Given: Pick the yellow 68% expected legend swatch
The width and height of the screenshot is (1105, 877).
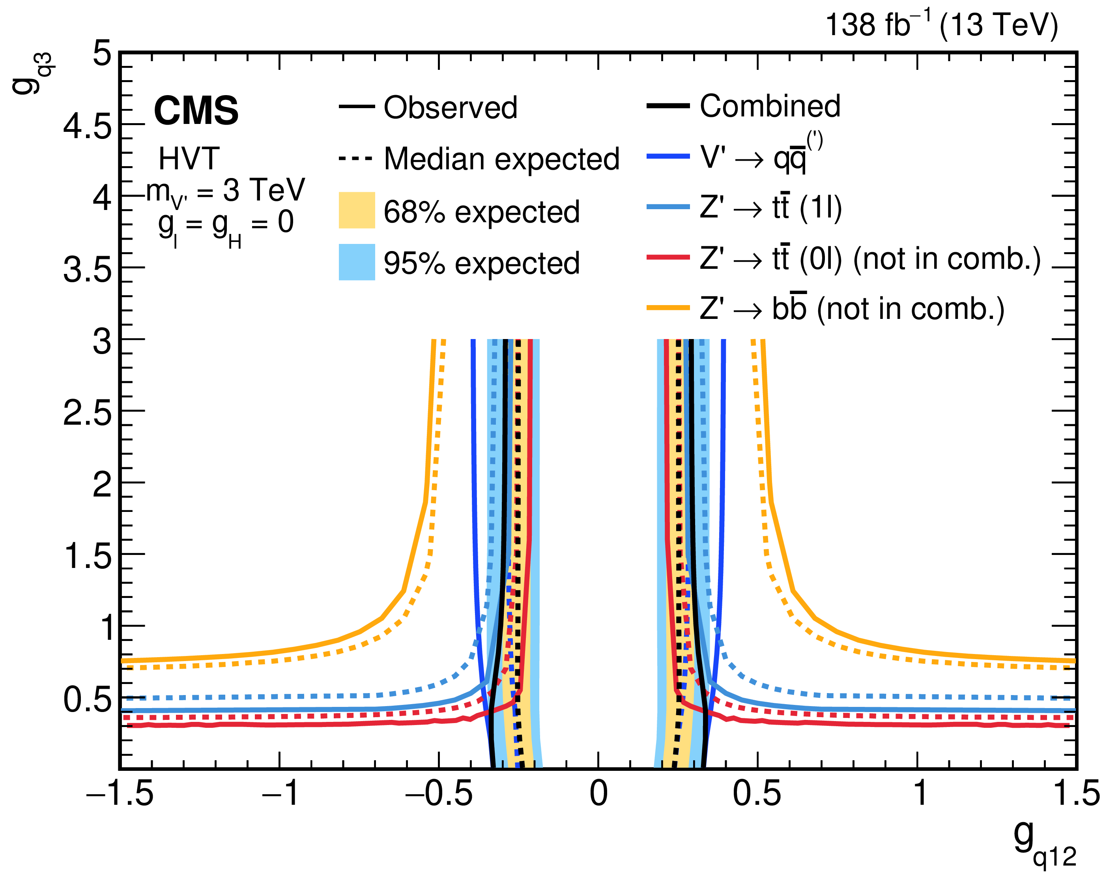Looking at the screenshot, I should point(357,210).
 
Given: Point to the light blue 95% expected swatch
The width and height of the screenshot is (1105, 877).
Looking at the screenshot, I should point(357,262).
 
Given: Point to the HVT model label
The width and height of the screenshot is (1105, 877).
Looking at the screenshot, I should point(189,159).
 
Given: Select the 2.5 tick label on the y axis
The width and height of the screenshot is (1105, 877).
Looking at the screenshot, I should point(87,413).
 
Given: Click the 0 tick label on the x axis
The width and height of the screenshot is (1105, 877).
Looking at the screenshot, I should point(598,793).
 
